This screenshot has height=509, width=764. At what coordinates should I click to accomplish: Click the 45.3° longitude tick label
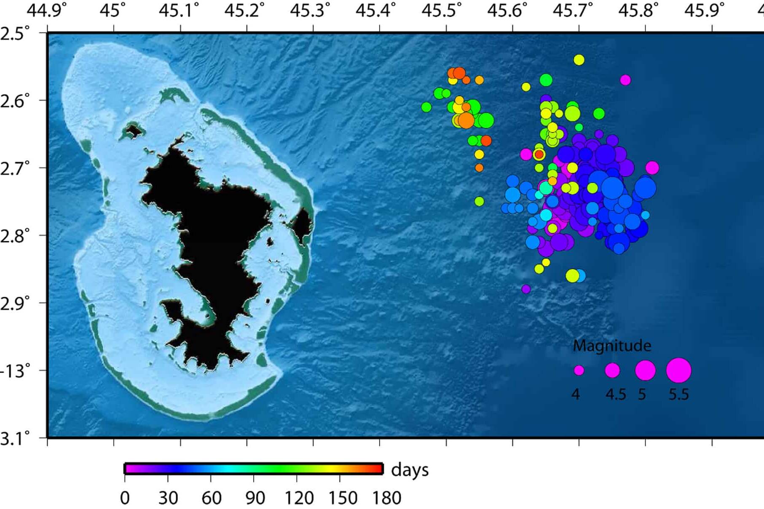pyautogui.click(x=310, y=10)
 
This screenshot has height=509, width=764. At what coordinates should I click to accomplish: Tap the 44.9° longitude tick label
pyautogui.click(x=46, y=10)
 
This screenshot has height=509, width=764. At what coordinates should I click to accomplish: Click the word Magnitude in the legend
pyautogui.click(x=612, y=346)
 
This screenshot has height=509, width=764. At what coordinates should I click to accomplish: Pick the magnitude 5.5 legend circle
pyautogui.click(x=678, y=370)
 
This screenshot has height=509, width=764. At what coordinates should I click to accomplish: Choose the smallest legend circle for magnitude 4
pyautogui.click(x=579, y=370)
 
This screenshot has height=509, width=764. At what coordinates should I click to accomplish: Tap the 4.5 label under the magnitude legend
pyautogui.click(x=615, y=394)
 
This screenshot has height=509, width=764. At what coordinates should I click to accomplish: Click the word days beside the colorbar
pyautogui.click(x=410, y=470)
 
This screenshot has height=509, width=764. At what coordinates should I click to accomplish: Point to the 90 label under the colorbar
pyautogui.click(x=255, y=498)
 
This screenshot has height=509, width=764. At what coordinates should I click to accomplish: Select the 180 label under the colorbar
pyautogui.click(x=386, y=498)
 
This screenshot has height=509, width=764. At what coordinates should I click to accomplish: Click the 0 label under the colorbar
pyautogui.click(x=125, y=498)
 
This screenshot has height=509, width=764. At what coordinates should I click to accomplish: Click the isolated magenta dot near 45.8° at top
pyautogui.click(x=625, y=80)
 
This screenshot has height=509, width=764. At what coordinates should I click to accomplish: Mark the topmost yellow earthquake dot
pyautogui.click(x=579, y=60)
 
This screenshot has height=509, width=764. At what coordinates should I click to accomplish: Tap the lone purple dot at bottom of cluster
pyautogui.click(x=526, y=289)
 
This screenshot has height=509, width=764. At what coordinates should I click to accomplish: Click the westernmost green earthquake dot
pyautogui.click(x=426, y=107)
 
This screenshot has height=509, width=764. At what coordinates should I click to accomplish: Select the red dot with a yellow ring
pyautogui.click(x=539, y=155)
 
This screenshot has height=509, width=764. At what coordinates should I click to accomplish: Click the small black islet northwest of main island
pyautogui.click(x=134, y=131)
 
